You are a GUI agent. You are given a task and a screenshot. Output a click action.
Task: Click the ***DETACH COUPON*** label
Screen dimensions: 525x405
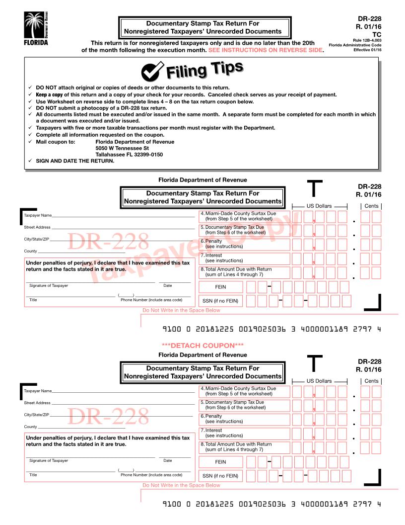[202, 345]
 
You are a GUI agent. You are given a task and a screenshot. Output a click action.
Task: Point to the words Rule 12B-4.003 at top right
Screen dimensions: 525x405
[367, 40]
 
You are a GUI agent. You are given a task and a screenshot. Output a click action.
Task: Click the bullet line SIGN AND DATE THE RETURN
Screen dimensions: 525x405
[75, 161]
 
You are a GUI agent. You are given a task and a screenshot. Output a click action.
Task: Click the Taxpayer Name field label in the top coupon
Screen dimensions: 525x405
[37, 215]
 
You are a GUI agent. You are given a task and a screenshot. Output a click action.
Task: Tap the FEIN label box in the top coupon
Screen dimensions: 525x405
[220, 287]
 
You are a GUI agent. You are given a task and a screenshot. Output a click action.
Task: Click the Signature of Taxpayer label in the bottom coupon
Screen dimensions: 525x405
[49, 460]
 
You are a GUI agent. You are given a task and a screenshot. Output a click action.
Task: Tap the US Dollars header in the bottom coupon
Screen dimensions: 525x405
[320, 381]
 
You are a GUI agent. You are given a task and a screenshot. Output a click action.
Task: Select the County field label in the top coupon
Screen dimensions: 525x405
[30, 251]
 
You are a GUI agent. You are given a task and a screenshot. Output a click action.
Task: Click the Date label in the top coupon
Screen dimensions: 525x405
[168, 285]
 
